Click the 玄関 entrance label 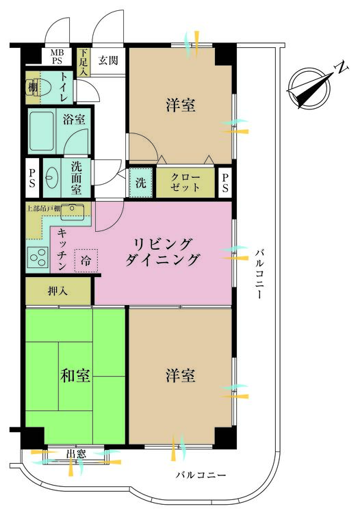pos(108,60)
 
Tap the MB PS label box pos(57,57)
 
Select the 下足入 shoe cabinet pos(83,62)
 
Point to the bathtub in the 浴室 pos(42,131)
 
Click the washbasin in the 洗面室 pos(51,178)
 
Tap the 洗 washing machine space pos(141,183)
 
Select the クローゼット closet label pos(185,182)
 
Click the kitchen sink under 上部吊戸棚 pos(73,212)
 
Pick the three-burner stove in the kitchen pos(38,257)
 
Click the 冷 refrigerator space pos(86,261)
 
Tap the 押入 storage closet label pos(57,291)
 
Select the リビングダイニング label pos(162,252)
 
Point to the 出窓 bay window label pos(76,453)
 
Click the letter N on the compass pos(342,68)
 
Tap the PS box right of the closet pos(225,183)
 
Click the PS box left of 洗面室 pos(32,178)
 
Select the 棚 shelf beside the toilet pos(32,88)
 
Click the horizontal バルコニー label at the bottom pos(201,475)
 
